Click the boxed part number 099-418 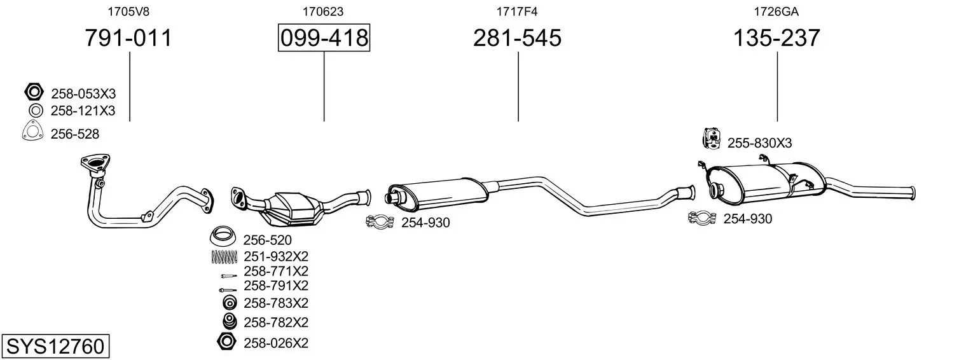coord(324,38)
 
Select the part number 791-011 coord(128,38)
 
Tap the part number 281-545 coord(517,38)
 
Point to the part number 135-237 coord(776,38)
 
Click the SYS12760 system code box coord(55,346)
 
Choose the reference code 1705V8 coord(128,11)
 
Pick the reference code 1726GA coord(776,11)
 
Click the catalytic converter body coord(292,209)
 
